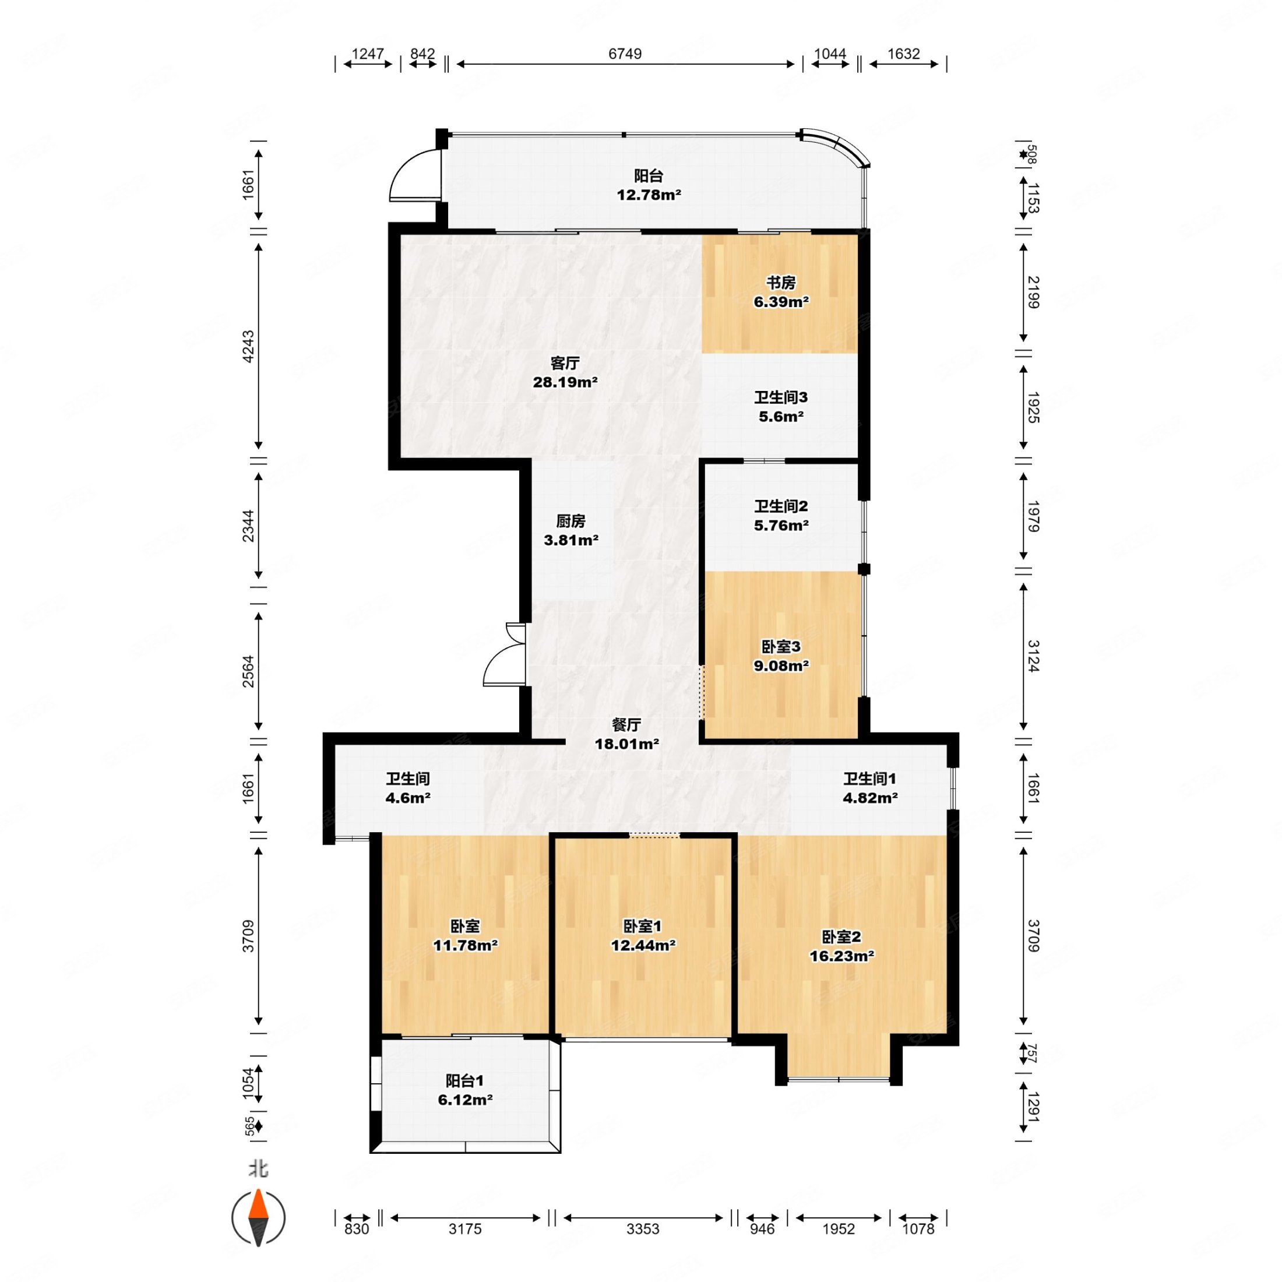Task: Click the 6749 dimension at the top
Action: tap(625, 54)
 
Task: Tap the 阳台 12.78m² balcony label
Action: tap(649, 185)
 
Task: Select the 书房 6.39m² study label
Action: tap(780, 292)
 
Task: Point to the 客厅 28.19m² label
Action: tap(565, 372)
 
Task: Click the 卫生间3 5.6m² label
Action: tap(780, 407)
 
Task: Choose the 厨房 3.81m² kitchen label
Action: tap(570, 530)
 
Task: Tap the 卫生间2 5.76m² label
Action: tap(780, 516)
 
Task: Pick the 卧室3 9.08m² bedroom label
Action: tap(780, 656)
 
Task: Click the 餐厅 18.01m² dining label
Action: tap(626, 734)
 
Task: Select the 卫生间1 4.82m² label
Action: tap(870, 788)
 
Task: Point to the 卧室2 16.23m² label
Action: tap(841, 946)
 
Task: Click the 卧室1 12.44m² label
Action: tap(642, 935)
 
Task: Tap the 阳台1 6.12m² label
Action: tap(464, 1090)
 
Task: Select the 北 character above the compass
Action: tap(258, 1168)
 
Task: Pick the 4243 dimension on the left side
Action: tap(248, 346)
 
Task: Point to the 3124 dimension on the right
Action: tap(1033, 656)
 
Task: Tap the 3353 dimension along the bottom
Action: tap(642, 1228)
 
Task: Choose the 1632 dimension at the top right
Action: tap(903, 54)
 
